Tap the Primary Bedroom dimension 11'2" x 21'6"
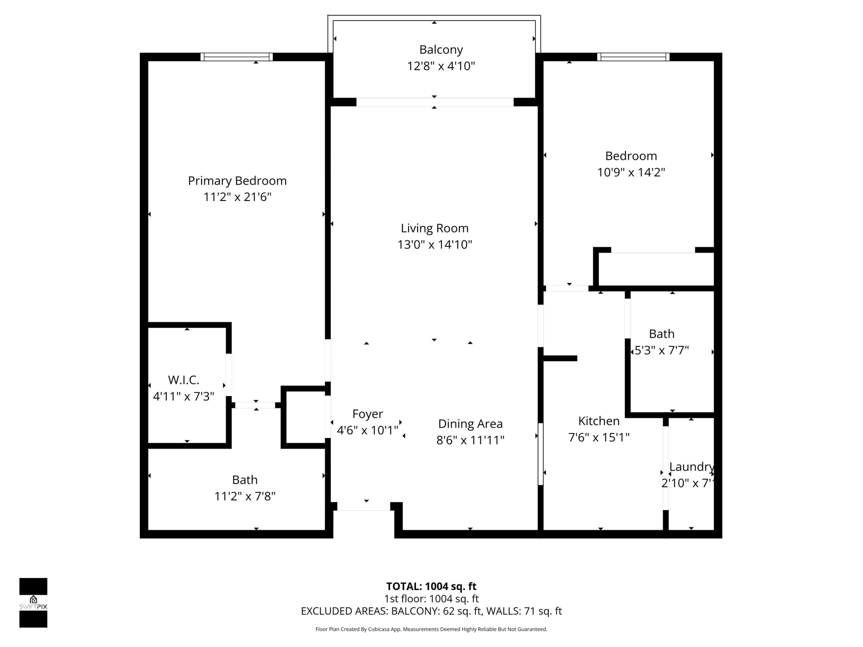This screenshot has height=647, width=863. click(x=237, y=197)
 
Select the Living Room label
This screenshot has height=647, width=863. click(x=434, y=228)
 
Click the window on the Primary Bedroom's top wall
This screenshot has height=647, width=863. click(x=236, y=57)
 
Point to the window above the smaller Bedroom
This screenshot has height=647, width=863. click(x=633, y=57)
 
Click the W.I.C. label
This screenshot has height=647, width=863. click(x=183, y=380)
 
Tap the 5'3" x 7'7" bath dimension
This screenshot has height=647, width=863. click(x=662, y=350)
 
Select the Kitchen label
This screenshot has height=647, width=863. click(x=598, y=421)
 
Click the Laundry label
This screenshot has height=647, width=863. click(x=691, y=466)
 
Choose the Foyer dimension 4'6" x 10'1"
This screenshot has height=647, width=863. click(x=367, y=430)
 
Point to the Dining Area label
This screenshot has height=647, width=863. click(x=470, y=424)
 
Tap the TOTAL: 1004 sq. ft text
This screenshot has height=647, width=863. click(x=431, y=586)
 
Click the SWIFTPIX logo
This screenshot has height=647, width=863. click(x=33, y=603)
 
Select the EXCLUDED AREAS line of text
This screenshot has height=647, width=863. click(x=431, y=611)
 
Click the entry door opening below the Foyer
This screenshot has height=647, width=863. click(x=363, y=506)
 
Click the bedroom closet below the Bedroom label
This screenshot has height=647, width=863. click(x=655, y=269)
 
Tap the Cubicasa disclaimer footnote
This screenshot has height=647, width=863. click(x=431, y=629)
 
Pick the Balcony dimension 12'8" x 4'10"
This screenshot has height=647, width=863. click(x=441, y=66)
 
